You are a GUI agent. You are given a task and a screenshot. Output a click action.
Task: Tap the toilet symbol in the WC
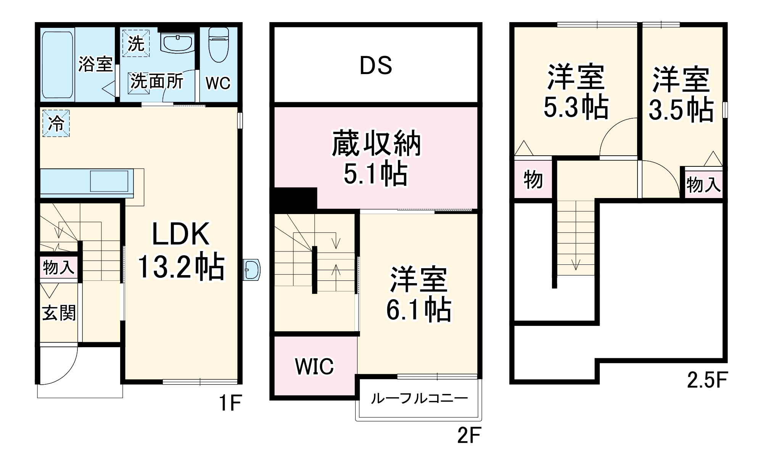click(218, 45)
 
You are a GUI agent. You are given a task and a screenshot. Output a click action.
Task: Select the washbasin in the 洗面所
click(177, 42)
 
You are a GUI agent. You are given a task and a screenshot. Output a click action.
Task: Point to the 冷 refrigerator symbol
click(56, 123)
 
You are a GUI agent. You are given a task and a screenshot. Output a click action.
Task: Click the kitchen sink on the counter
click(109, 181)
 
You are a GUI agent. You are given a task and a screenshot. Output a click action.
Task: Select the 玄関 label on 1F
click(59, 313)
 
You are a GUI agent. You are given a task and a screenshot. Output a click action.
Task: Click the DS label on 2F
click(376, 65)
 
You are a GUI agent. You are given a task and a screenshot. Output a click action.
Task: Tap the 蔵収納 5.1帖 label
click(376, 158)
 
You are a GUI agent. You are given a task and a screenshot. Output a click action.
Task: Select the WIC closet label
click(314, 366)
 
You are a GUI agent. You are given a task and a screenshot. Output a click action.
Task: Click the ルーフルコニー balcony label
click(419, 399)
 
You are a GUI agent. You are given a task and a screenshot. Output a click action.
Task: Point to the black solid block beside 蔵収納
click(294, 200)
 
